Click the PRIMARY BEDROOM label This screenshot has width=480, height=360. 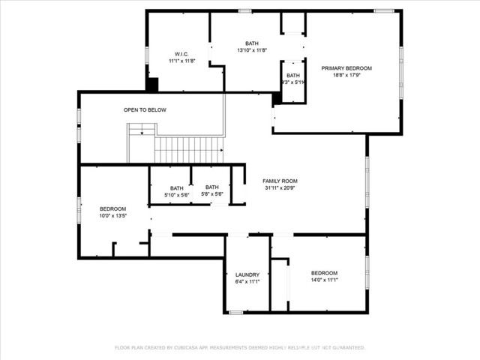click(x=346, y=68)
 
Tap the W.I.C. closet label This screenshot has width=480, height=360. click(x=181, y=54)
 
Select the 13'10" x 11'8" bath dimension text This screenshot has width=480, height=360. click(x=251, y=51)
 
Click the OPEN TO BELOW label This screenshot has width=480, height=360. click(x=145, y=110)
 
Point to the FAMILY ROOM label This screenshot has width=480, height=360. click(x=280, y=181)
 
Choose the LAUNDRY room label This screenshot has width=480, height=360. click(x=247, y=274)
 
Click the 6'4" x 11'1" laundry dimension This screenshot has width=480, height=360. click(x=247, y=282)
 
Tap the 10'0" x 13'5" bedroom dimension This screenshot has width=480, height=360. click(x=112, y=215)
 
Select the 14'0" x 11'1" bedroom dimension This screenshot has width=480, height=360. click(x=324, y=280)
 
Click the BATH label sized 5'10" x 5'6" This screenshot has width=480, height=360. click(x=176, y=188)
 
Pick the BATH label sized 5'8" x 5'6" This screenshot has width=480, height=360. click(x=212, y=187)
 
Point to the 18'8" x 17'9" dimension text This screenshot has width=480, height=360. click(x=346, y=75)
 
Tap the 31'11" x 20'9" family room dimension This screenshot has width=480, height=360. click(x=280, y=188)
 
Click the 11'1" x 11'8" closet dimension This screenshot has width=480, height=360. click(x=181, y=61)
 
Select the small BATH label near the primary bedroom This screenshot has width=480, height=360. click(x=292, y=75)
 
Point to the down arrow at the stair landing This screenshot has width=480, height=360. click(x=141, y=133)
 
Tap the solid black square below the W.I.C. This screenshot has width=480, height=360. click(x=152, y=85)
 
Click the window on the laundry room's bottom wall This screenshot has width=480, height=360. click(x=236, y=312)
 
